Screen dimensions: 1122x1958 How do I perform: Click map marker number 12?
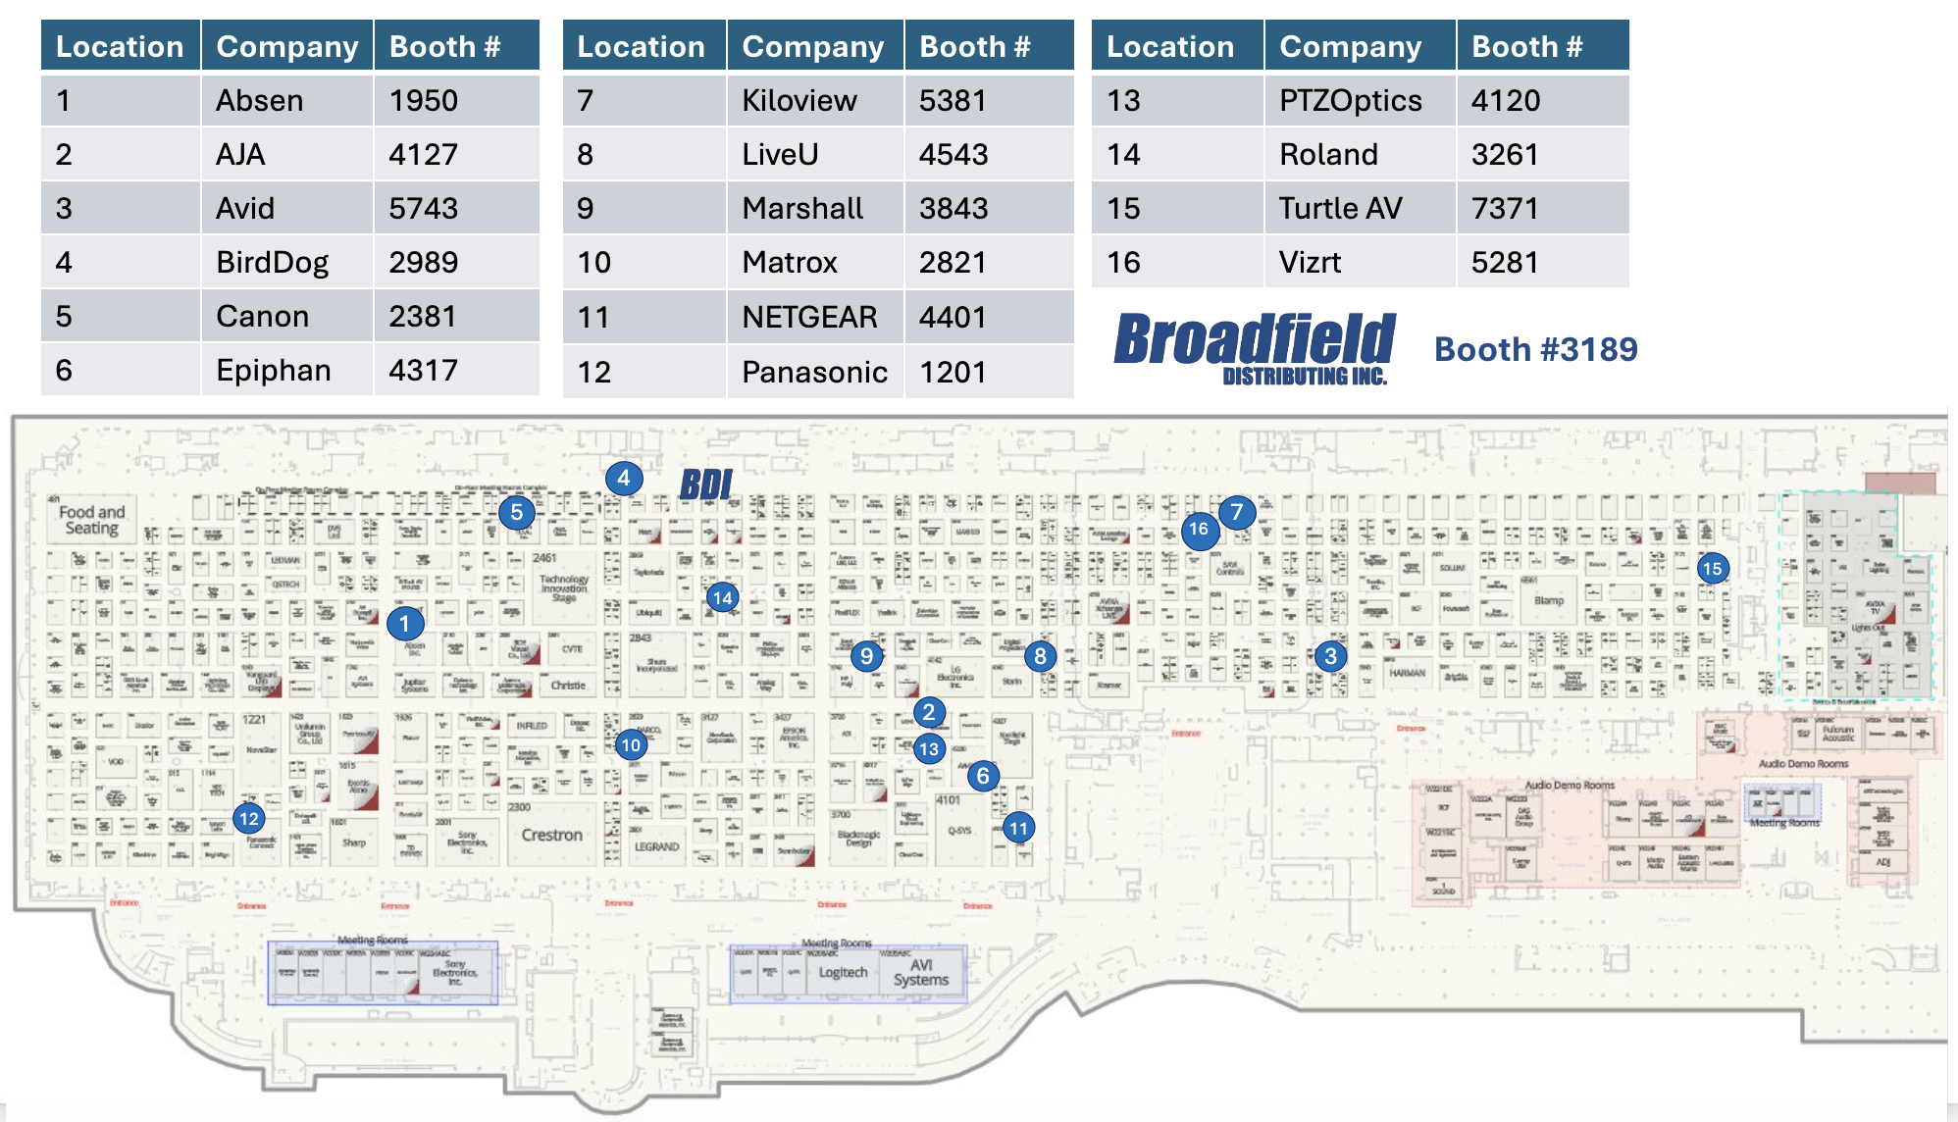(x=249, y=819)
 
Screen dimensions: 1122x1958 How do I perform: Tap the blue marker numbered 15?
(x=1712, y=569)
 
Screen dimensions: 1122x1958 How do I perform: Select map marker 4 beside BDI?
(x=623, y=479)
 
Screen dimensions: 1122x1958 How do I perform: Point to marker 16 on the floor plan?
(x=1199, y=530)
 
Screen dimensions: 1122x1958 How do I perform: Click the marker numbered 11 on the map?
(x=1019, y=829)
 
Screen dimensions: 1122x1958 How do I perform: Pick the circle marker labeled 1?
(x=404, y=624)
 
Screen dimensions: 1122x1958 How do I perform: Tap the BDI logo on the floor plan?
(x=706, y=484)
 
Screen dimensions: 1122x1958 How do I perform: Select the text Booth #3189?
(x=1535, y=349)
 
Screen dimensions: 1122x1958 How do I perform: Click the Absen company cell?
(x=260, y=100)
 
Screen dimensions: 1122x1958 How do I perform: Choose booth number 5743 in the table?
(x=423, y=208)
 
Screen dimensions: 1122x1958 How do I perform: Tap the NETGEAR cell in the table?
(x=809, y=317)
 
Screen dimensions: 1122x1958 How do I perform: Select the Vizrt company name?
(x=1310, y=262)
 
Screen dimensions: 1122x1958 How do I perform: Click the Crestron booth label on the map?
(x=551, y=835)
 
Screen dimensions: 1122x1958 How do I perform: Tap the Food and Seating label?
(x=91, y=520)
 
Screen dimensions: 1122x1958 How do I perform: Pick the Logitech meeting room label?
(x=843, y=972)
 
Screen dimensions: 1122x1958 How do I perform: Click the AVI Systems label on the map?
(x=920, y=972)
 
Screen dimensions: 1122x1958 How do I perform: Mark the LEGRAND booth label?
(x=656, y=846)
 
